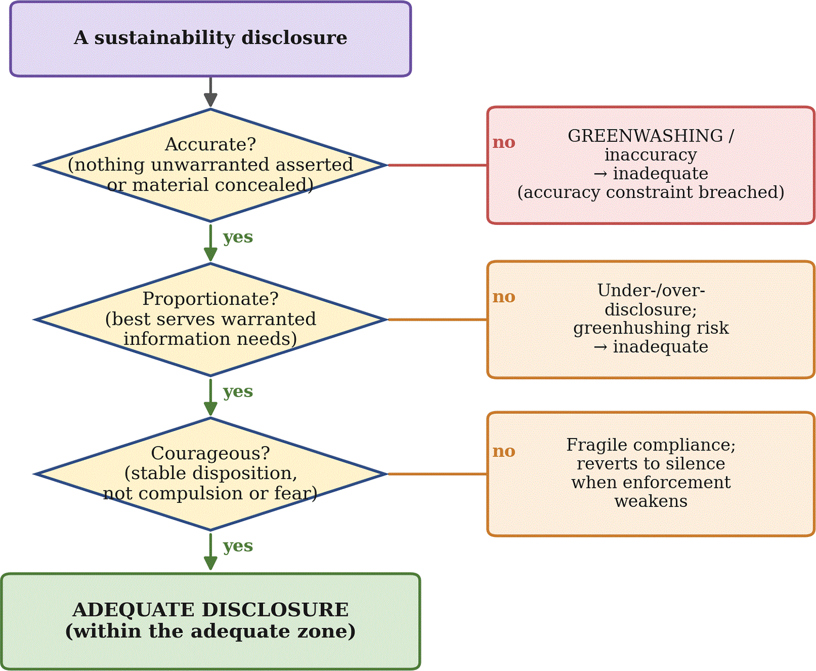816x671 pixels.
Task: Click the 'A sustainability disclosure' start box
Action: tap(210, 39)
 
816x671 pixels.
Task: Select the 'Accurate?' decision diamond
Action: tap(210, 165)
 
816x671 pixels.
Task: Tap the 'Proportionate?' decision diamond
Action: tap(210, 320)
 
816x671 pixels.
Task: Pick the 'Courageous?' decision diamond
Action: tap(210, 474)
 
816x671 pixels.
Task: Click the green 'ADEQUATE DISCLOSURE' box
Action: tap(210, 621)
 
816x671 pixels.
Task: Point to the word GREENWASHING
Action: tap(645, 136)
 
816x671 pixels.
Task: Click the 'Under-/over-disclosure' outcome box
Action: tap(651, 320)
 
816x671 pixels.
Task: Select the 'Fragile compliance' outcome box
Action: tap(651, 474)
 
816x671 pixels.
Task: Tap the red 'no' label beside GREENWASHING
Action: tap(504, 142)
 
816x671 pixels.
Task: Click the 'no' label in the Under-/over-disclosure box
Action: tap(504, 297)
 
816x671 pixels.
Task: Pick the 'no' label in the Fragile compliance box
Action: tap(504, 451)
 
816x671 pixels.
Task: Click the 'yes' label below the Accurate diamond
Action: tap(238, 237)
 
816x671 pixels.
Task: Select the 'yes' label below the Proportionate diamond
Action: tap(238, 392)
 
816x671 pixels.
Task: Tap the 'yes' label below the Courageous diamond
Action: tap(238, 546)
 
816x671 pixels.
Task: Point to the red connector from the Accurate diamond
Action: tap(438, 165)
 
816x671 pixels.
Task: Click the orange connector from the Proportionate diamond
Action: tap(438, 320)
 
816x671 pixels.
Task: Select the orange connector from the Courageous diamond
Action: tap(438, 474)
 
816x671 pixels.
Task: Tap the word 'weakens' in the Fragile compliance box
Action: tap(651, 501)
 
